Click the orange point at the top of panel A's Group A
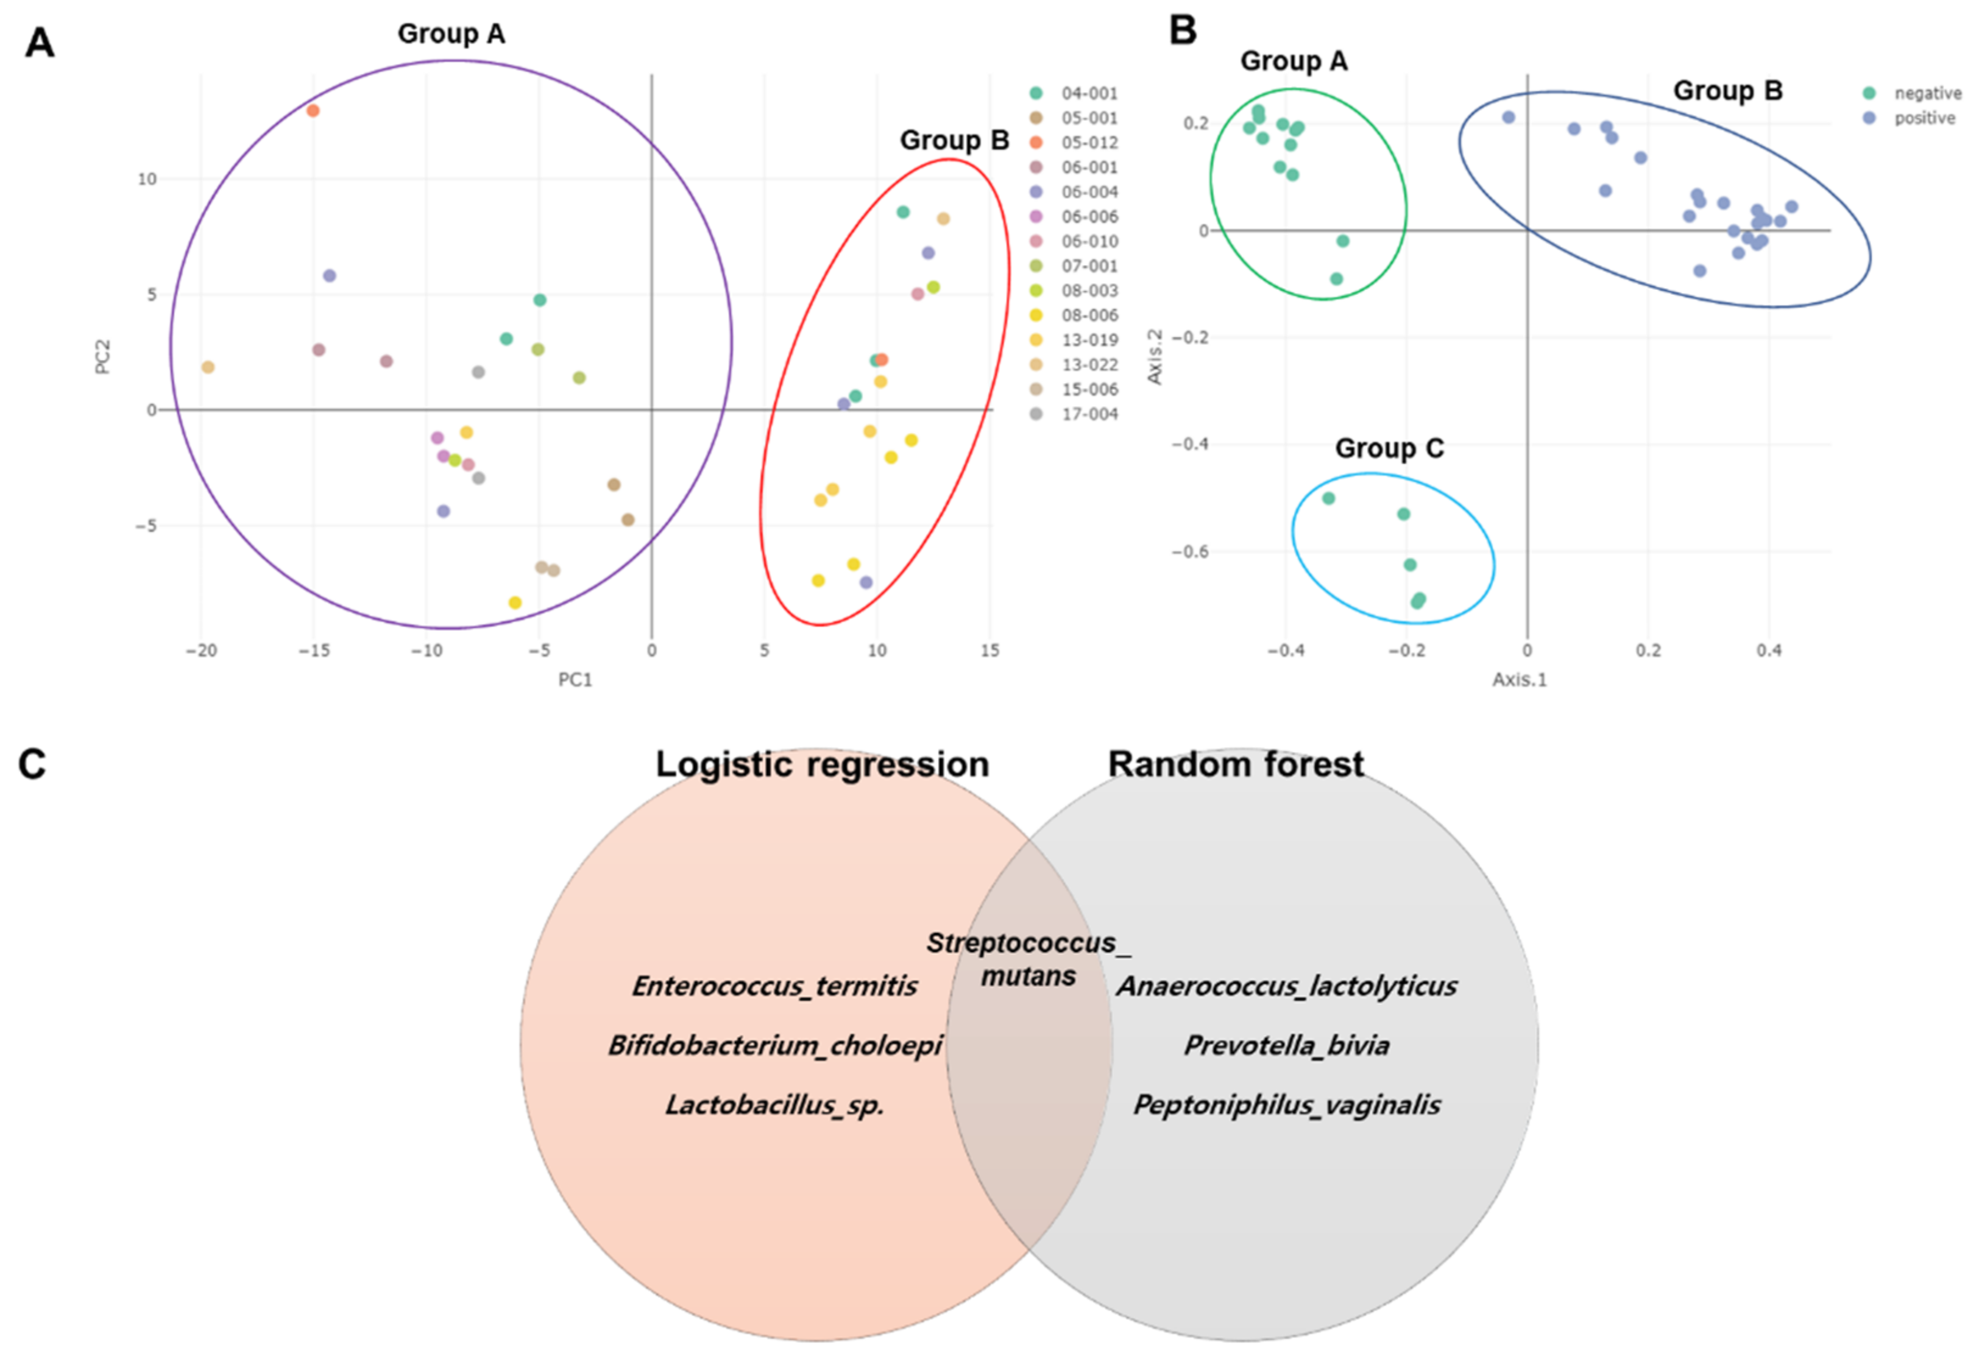tap(313, 110)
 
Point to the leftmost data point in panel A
tap(207, 367)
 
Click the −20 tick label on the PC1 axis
tap(202, 651)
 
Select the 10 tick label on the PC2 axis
tap(147, 179)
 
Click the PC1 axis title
tap(575, 679)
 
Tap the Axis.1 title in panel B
tap(1519, 679)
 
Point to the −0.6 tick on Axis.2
tap(1189, 551)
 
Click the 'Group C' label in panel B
tap(1389, 448)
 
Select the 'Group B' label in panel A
tap(954, 140)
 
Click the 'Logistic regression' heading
tap(822, 764)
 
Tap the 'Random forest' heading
tap(1236, 764)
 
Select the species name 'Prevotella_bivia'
tap(1286, 1045)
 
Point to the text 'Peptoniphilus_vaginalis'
tap(1286, 1105)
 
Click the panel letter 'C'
tap(32, 764)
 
